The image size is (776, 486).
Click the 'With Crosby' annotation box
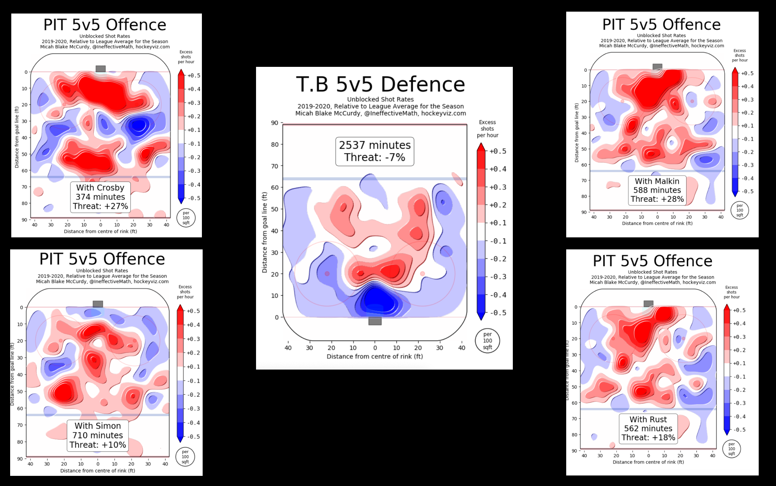[100, 197]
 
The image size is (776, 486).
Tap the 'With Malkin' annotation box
[657, 190]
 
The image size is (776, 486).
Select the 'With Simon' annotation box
[98, 435]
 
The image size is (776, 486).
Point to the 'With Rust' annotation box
[648, 429]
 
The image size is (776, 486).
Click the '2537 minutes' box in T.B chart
[375, 151]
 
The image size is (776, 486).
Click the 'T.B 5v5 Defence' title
[380, 85]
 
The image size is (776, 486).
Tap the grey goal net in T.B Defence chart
[375, 321]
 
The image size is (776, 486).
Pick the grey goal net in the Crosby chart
[100, 69]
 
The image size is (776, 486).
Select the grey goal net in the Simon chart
[98, 304]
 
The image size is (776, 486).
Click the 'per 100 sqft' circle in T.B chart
[487, 341]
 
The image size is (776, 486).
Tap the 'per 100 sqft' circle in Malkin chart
[740, 210]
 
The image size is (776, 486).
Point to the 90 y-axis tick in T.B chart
[274, 123]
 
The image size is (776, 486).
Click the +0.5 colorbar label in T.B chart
[498, 151]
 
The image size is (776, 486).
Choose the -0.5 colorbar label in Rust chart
[739, 430]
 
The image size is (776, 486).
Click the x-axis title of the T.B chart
[374, 356]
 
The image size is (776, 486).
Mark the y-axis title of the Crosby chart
[17, 137]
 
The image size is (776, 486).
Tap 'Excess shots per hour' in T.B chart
[487, 129]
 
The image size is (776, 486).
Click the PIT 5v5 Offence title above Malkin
[661, 25]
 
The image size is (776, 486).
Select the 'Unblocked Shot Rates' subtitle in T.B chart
[380, 100]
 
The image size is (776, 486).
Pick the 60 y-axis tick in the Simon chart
[20, 408]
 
